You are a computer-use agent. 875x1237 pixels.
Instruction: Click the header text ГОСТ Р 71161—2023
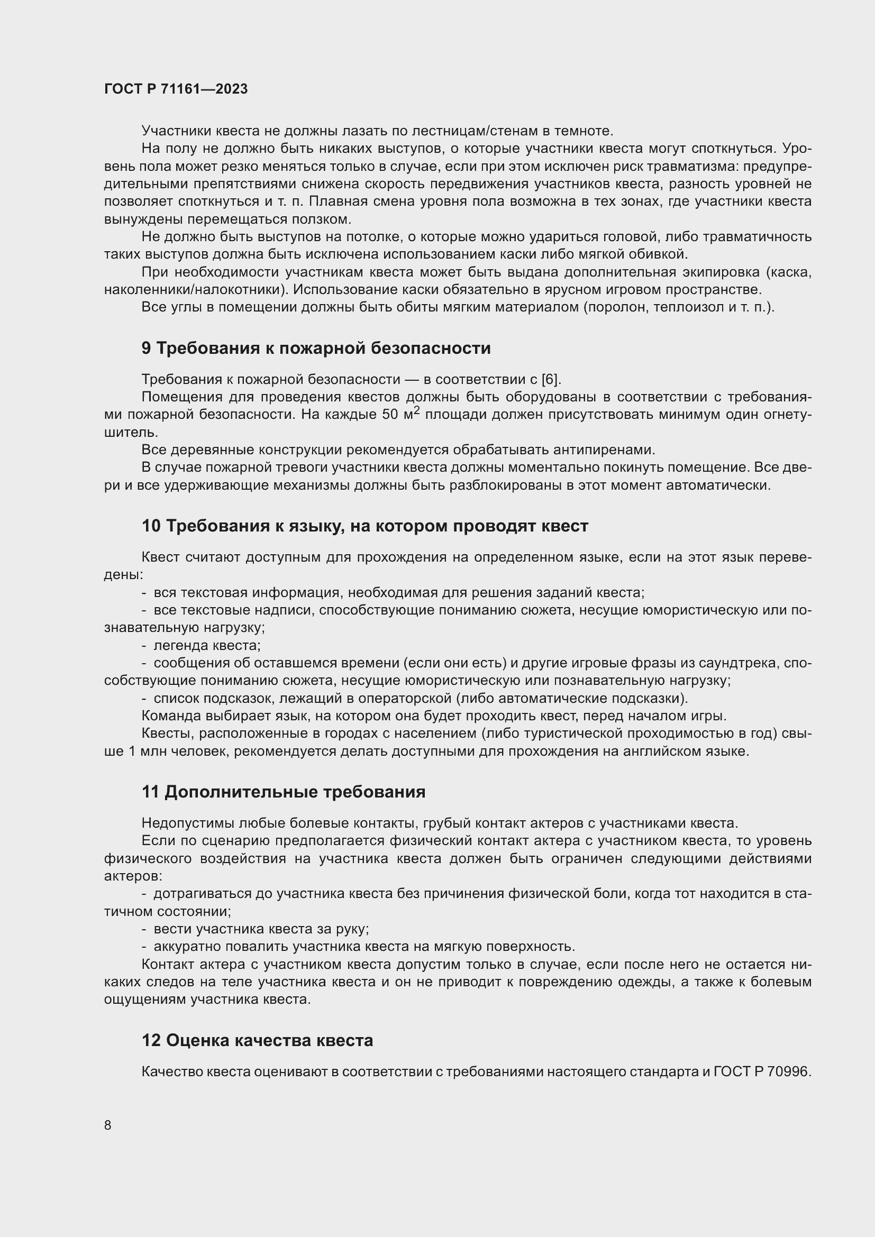176,89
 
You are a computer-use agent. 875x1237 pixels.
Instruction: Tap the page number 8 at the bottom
108,1125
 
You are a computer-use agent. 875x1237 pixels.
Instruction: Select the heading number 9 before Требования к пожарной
147,348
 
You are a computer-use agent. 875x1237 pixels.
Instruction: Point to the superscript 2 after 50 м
416,410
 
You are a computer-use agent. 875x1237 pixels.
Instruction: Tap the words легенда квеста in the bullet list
207,645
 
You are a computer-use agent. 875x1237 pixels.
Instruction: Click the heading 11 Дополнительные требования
284,792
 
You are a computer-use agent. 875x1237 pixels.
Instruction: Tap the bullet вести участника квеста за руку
261,929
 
